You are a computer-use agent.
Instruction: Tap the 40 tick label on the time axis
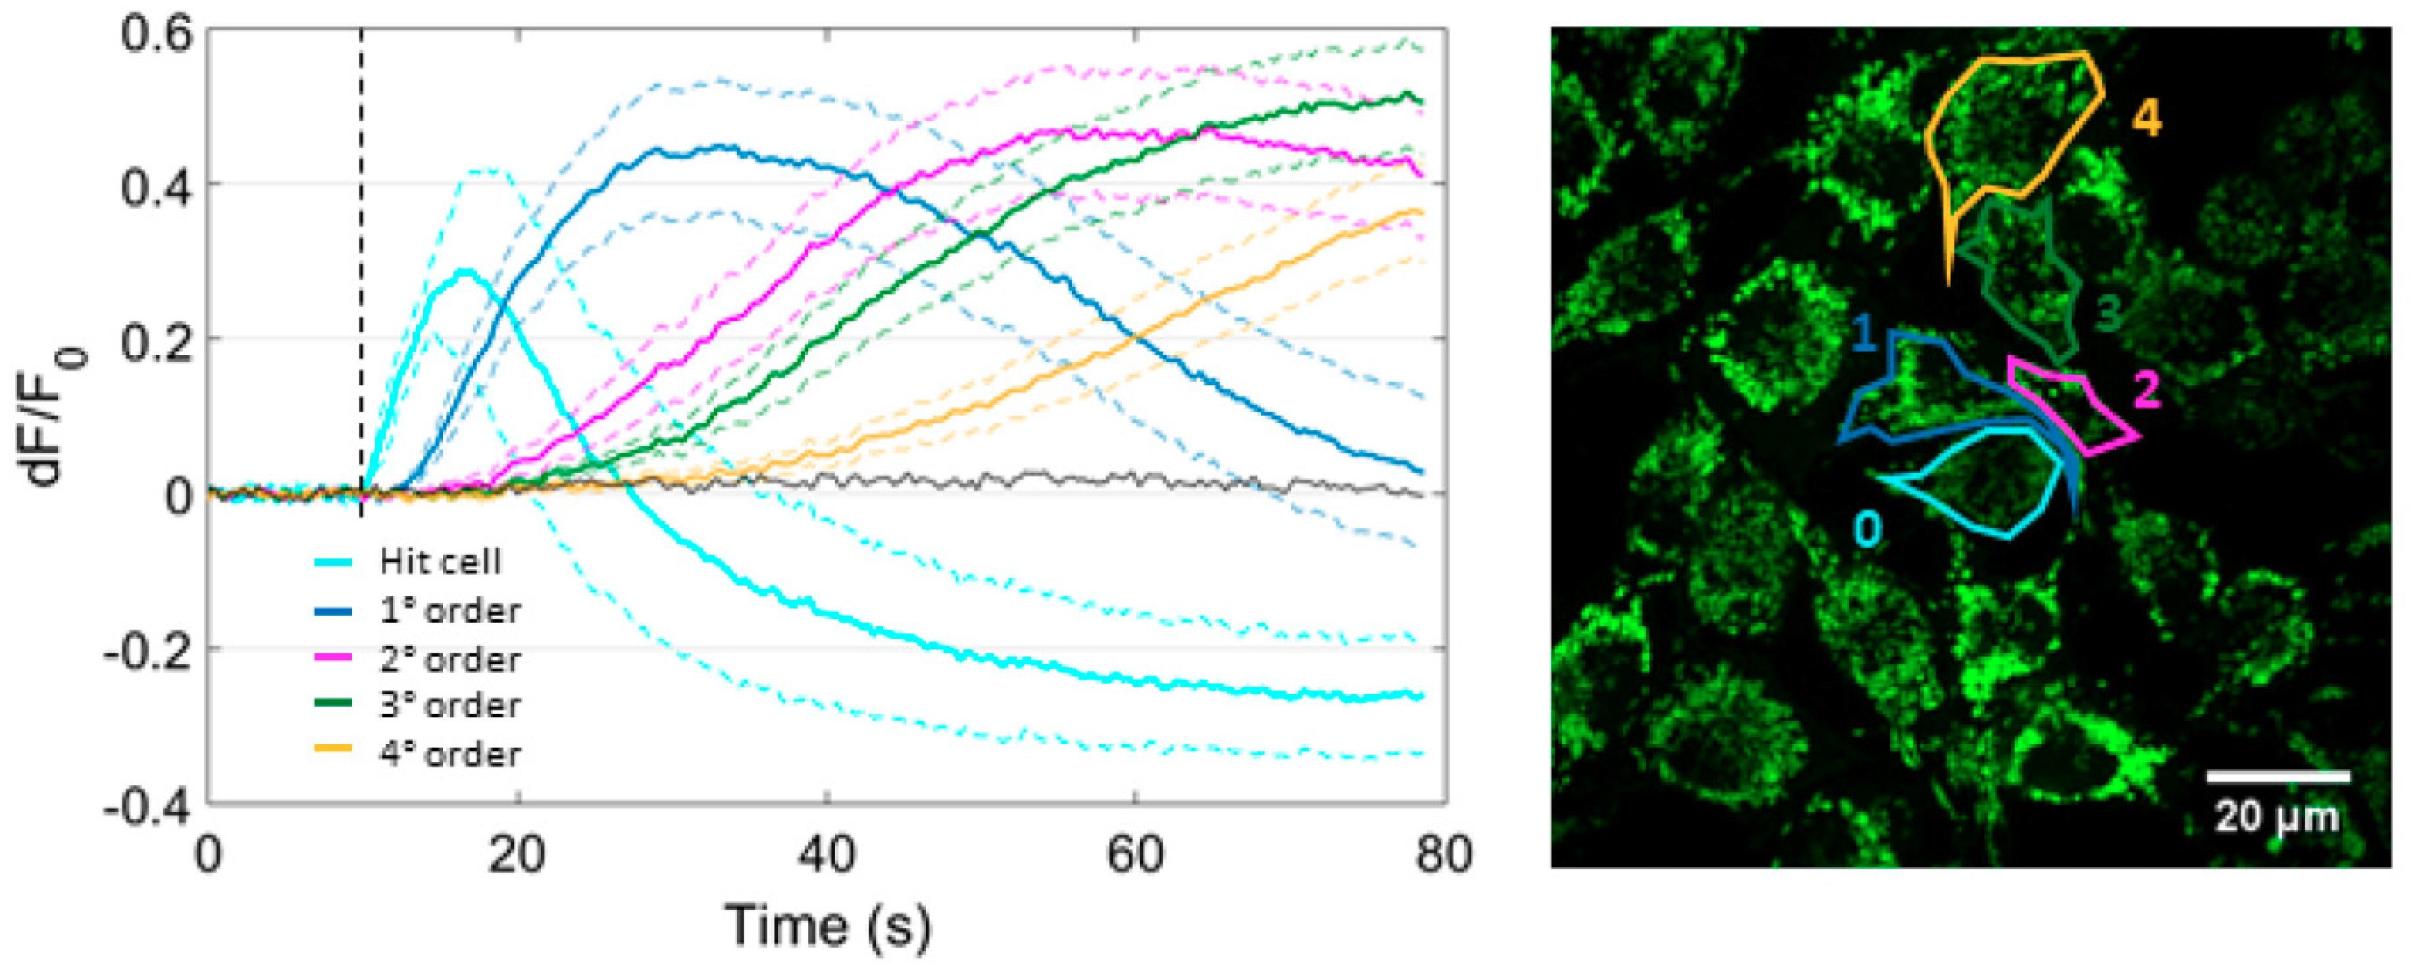pyautogui.click(x=826, y=855)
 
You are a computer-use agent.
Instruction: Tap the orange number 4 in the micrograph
pyautogui.click(x=2147, y=119)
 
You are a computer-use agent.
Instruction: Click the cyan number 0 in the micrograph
pyautogui.click(x=1868, y=530)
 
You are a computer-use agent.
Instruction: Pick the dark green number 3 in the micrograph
pyautogui.click(x=2108, y=313)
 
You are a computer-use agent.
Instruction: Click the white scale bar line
pyautogui.click(x=2277, y=776)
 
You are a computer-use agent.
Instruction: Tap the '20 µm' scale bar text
pyautogui.click(x=2276, y=816)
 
